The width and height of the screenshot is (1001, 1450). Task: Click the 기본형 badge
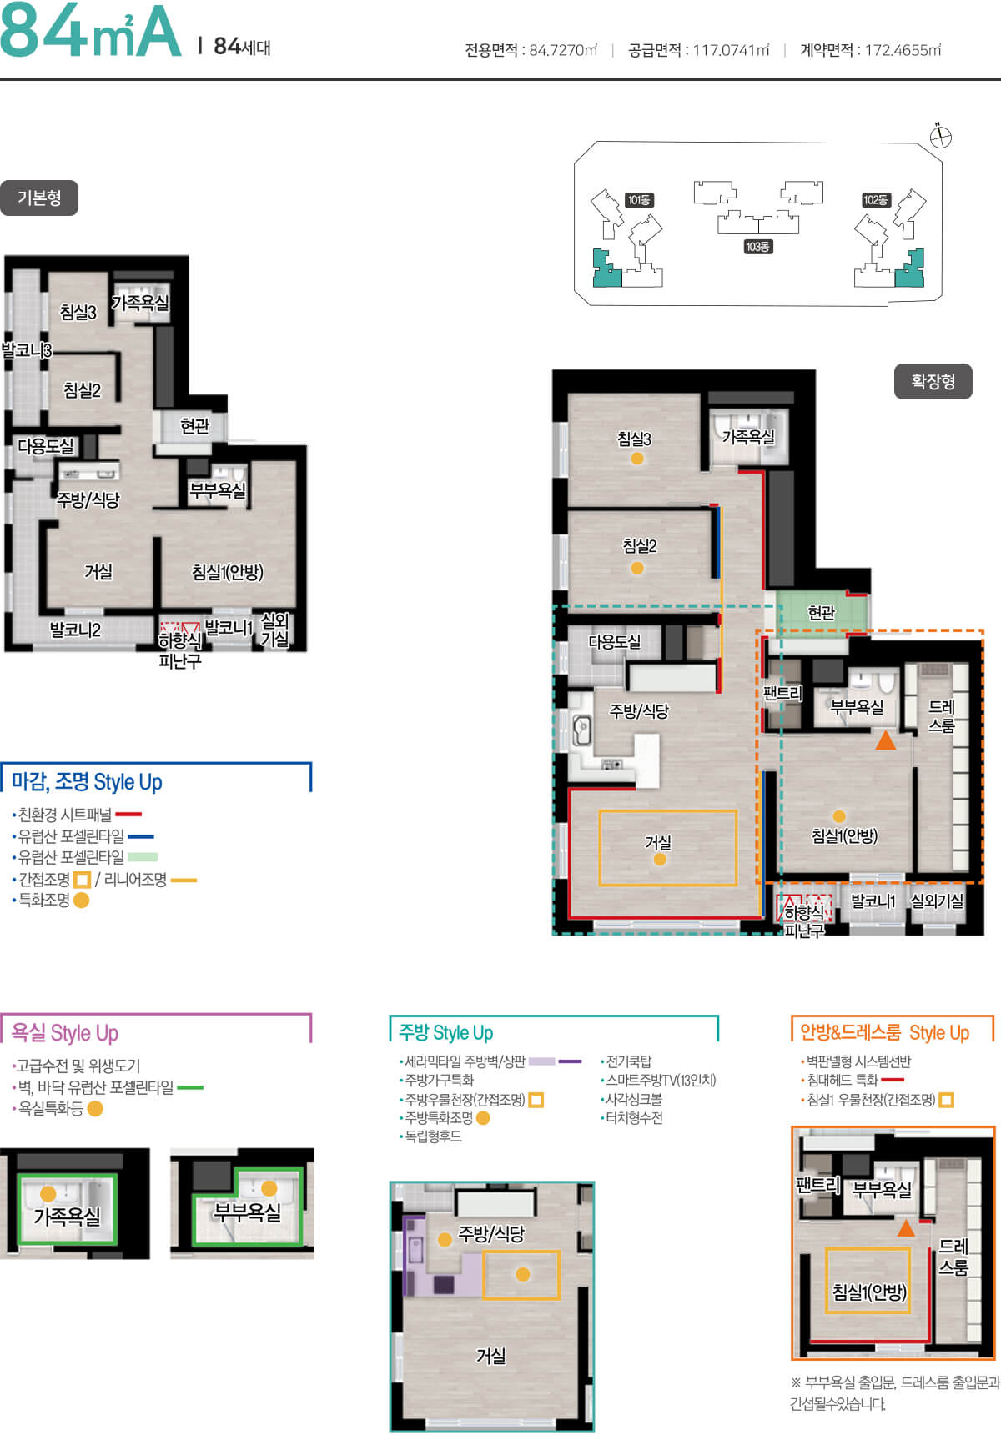point(39,198)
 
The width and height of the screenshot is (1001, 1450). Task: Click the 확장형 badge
point(933,381)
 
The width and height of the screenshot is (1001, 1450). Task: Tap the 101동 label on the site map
point(639,200)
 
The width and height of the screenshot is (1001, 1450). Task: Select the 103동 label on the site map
point(757,247)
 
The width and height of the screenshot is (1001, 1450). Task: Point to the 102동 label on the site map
point(876,200)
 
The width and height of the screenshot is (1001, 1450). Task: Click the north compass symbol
point(940,137)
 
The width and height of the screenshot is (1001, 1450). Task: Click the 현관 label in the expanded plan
point(822,613)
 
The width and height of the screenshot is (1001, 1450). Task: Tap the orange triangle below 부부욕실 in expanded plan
point(885,740)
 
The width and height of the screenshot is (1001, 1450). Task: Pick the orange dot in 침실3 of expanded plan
point(637,458)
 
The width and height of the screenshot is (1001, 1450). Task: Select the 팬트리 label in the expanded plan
point(782,693)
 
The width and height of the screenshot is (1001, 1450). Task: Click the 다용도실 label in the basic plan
point(46,446)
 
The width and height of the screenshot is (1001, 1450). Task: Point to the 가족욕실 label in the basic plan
point(140,304)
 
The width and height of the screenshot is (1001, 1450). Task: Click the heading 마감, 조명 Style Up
point(87,782)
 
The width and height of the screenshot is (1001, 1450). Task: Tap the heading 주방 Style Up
point(446,1033)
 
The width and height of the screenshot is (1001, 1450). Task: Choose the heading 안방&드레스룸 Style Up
point(884,1032)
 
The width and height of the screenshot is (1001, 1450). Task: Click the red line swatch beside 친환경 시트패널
point(128,814)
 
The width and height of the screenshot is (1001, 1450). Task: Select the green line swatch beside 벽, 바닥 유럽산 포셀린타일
point(190,1087)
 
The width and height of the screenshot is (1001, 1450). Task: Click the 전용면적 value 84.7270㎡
point(563,50)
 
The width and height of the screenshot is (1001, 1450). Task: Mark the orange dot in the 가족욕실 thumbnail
point(48,1194)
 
